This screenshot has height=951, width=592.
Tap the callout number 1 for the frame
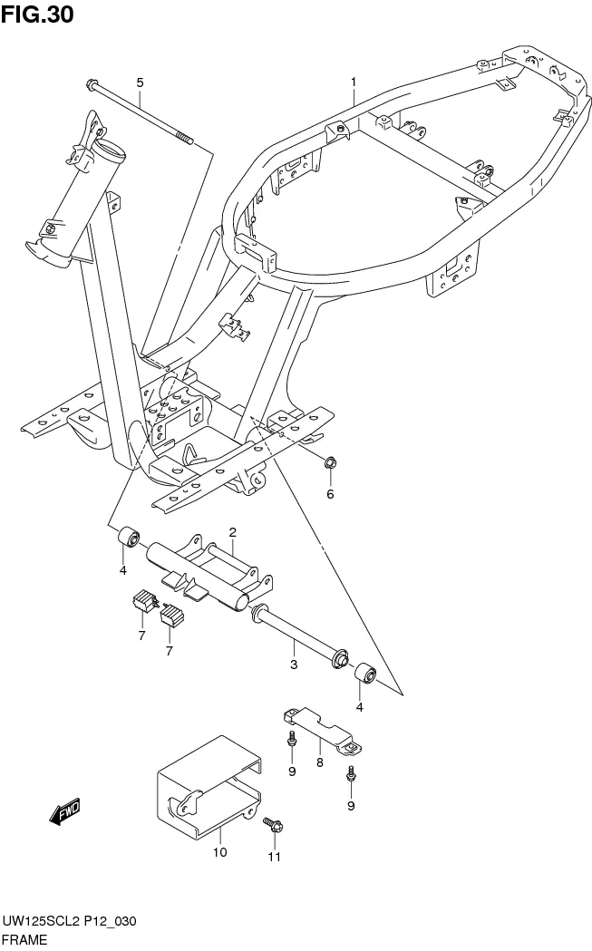click(x=354, y=82)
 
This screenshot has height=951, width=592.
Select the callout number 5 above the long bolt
click(x=140, y=82)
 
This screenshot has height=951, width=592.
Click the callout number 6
click(x=330, y=494)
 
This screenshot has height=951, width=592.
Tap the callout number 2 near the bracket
click(x=232, y=532)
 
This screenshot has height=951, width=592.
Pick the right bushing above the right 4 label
click(x=365, y=675)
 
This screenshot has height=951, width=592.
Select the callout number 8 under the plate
click(x=319, y=762)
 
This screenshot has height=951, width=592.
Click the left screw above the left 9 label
click(x=291, y=738)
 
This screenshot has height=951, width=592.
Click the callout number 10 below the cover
click(x=220, y=852)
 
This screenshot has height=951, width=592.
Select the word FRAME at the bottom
click(x=24, y=940)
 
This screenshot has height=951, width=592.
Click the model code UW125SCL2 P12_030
click(x=69, y=921)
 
